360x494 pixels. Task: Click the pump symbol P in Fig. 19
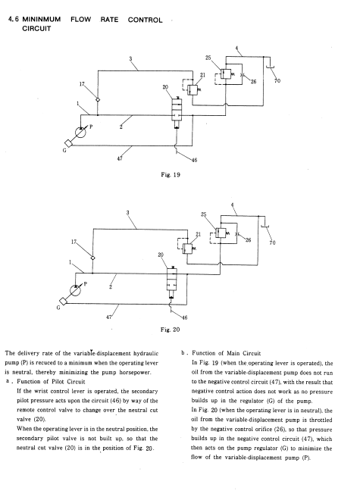pos(80,132)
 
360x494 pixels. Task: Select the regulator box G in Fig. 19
pos(68,143)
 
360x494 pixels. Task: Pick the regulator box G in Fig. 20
pos(63,302)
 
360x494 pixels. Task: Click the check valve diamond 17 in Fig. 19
pos(98,99)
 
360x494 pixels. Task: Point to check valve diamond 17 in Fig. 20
pos(92,258)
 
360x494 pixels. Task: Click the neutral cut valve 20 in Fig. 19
pos(177,113)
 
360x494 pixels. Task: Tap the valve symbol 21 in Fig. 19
pos(193,90)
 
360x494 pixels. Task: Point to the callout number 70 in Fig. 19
pos(277,81)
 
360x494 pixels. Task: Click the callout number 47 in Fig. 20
pos(108,317)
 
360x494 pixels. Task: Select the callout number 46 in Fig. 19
pos(194,160)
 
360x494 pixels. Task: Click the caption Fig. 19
pos(171,174)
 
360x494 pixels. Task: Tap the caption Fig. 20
pos(171,330)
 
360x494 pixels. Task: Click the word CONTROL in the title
pos(145,20)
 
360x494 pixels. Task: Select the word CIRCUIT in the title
pos(36,29)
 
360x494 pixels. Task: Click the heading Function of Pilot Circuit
pos(51,382)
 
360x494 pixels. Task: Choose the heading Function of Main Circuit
pos(227,353)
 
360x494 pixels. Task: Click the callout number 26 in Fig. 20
pos(248,240)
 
